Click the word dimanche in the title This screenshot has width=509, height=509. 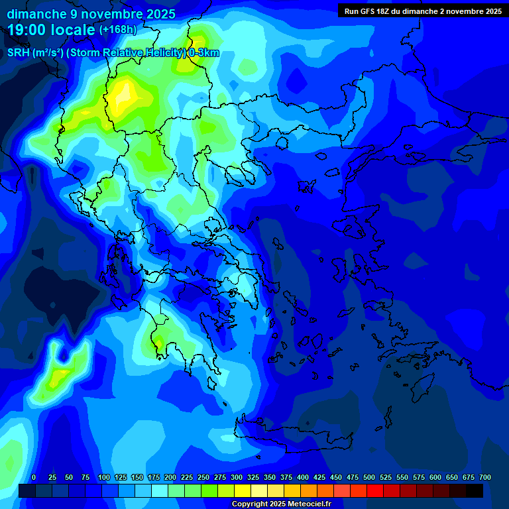pos(34,14)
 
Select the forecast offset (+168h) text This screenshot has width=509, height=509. pos(117,30)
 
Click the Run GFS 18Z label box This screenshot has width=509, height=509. pos(423,11)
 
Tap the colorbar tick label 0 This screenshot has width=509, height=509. pos(34,478)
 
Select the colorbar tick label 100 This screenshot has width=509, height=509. pos(103,478)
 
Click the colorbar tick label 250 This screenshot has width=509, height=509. pos(203,478)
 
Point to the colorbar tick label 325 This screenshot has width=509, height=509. pos(253,478)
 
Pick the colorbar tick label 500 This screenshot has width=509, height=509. pos(368,478)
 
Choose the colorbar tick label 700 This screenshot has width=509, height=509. pos(484,478)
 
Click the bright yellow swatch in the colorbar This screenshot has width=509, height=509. pos(243,490)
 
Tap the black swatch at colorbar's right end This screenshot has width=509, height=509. pos(475,490)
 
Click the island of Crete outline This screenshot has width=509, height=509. pos(292,434)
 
